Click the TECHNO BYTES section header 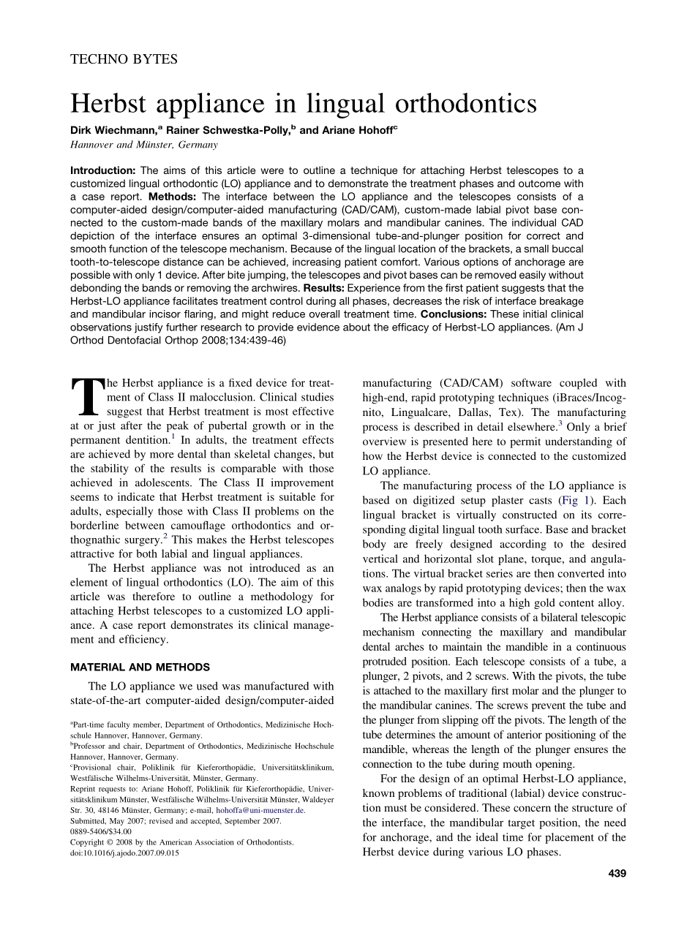[x=124, y=59]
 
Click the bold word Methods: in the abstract [x=171, y=197]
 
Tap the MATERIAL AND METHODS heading [x=140, y=667]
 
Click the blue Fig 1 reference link [x=571, y=500]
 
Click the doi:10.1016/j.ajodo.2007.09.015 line [x=124, y=852]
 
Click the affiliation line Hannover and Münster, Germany [x=143, y=145]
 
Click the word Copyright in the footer [x=89, y=842]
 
